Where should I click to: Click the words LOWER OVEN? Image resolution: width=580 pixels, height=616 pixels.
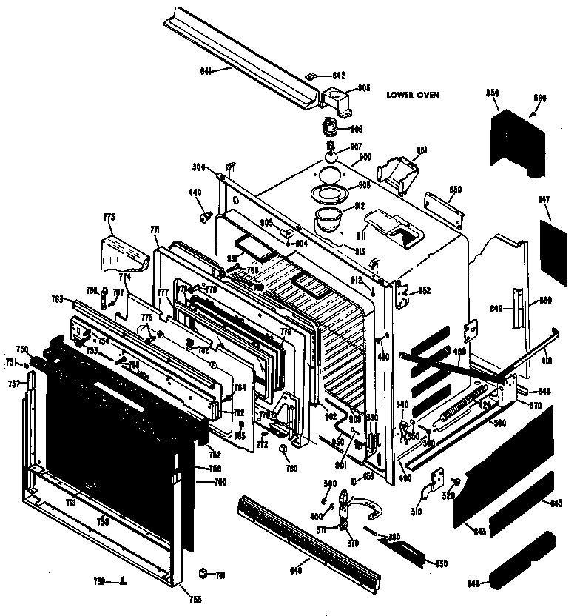[x=413, y=95]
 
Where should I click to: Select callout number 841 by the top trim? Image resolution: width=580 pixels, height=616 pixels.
[x=206, y=70]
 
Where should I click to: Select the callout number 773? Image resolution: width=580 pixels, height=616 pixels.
[x=109, y=218]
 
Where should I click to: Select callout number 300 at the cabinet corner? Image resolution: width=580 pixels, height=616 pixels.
[x=199, y=168]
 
